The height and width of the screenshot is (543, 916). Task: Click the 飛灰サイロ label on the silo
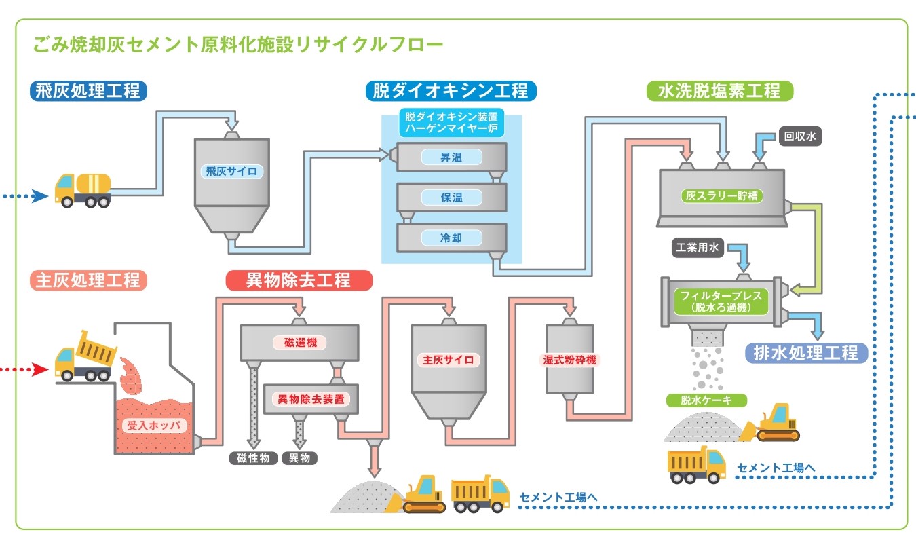(x=231, y=171)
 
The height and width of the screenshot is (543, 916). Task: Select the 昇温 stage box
(x=451, y=157)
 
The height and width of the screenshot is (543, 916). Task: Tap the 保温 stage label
(x=451, y=198)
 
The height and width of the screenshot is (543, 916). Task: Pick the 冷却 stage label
(x=451, y=238)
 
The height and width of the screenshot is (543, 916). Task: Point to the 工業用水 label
(x=696, y=248)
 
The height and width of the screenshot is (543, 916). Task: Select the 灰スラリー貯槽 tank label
(x=722, y=197)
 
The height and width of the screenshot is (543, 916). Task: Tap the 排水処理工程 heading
(x=806, y=353)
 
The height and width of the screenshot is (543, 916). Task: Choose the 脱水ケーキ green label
(x=706, y=400)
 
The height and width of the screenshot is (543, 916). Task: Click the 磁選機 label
(x=300, y=343)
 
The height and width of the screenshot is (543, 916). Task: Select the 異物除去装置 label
(x=310, y=398)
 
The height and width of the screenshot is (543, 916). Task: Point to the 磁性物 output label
(x=253, y=458)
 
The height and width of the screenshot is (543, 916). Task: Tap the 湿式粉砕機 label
(x=569, y=360)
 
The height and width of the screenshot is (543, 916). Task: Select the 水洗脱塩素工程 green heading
(x=719, y=91)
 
